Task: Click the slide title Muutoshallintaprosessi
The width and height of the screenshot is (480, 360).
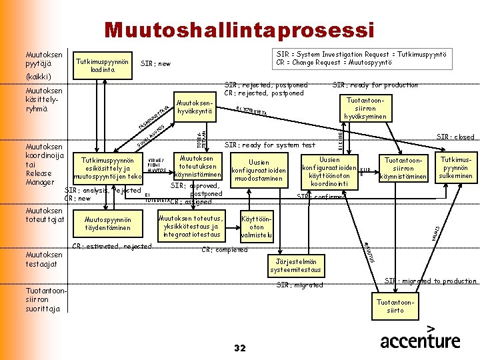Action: click(239, 30)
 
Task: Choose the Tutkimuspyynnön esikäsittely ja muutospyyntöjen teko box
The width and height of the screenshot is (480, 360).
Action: click(107, 169)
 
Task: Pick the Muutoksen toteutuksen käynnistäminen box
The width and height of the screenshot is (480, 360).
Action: click(197, 166)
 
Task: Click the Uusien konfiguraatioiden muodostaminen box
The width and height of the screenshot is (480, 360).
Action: click(259, 171)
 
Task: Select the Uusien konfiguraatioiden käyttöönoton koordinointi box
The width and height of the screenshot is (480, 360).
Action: click(329, 171)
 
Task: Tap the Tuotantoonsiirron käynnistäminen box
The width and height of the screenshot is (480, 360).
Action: click(403, 169)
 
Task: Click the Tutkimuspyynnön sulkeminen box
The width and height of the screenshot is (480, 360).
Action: click(456, 168)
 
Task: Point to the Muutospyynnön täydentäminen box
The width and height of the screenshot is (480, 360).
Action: click(108, 224)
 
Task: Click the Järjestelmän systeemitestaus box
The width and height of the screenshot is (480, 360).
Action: click(296, 265)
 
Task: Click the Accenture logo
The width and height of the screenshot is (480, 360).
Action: click(420, 339)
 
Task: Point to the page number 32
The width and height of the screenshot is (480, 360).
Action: click(241, 348)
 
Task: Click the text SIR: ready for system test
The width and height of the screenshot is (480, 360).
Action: click(269, 145)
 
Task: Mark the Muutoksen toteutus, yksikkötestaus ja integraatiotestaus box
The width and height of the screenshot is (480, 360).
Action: click(191, 226)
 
